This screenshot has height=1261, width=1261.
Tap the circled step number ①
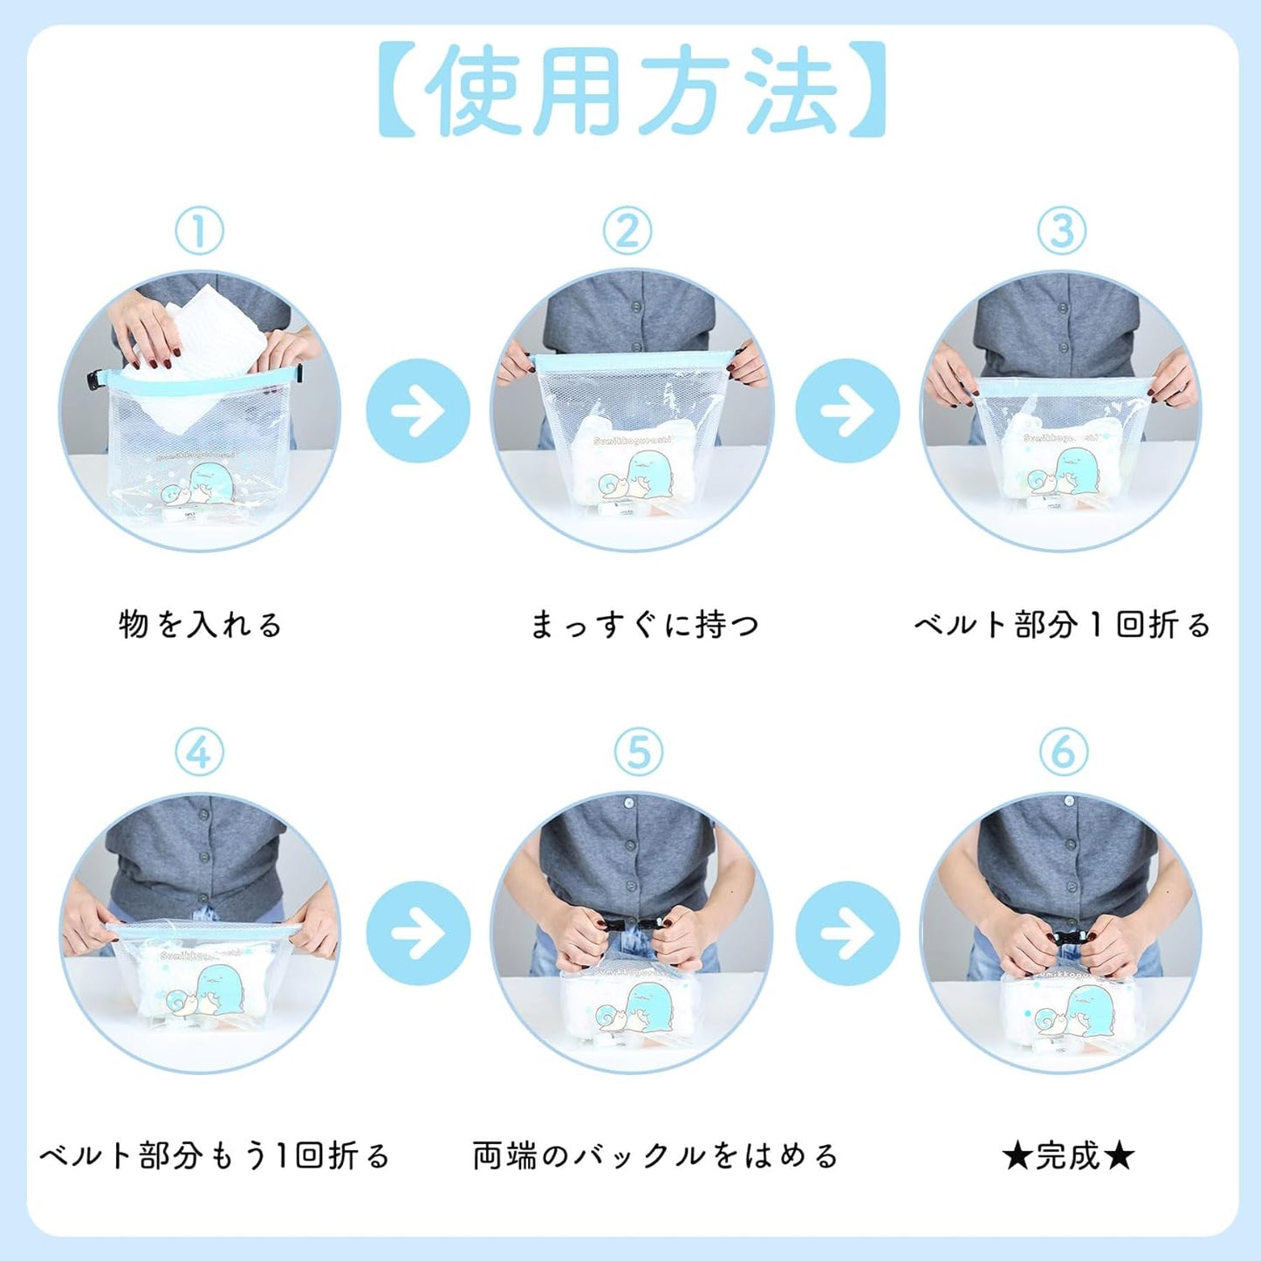[x=200, y=230]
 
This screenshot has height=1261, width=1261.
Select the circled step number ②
[x=627, y=230]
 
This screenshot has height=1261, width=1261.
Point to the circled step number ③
[x=1061, y=230]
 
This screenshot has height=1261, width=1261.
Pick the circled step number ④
[x=200, y=752]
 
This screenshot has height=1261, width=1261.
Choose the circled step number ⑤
[x=638, y=752]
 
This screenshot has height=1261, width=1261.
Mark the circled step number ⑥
[x=1064, y=752]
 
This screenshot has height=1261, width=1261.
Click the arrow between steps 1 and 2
[x=418, y=410]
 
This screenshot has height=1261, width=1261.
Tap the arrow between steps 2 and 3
[x=847, y=410]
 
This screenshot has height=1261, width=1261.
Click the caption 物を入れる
[x=200, y=624]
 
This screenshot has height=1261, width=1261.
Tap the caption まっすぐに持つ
[x=644, y=624]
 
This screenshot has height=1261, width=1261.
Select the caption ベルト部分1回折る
[x=1061, y=624]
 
